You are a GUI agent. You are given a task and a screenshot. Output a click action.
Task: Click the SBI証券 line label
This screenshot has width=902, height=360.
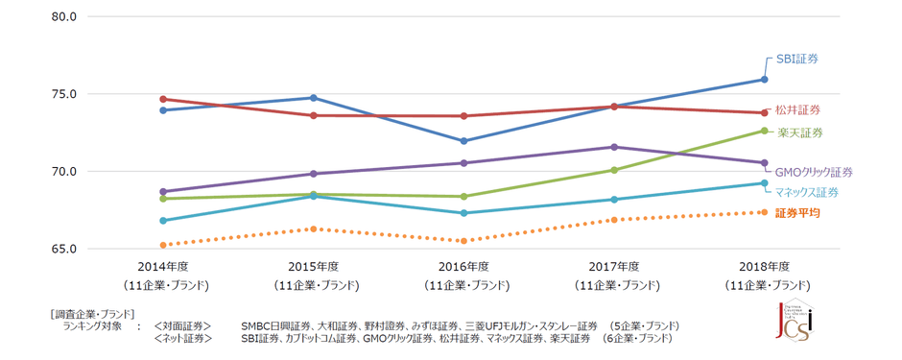[797, 60]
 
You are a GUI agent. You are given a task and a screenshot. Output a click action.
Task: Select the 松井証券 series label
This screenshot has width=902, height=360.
[797, 109]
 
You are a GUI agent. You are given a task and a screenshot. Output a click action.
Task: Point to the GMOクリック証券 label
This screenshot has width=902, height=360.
[813, 172]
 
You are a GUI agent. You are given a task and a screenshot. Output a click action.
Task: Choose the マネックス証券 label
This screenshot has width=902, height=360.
[807, 192]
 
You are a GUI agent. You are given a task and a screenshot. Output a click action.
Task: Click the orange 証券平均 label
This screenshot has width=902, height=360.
[797, 213]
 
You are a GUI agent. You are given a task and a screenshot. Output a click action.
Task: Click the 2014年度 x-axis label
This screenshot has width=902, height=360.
[164, 267]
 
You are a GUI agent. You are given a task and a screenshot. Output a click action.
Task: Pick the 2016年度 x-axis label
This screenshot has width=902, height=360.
[464, 267]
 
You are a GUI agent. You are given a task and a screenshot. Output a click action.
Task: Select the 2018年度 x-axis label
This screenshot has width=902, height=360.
[765, 267]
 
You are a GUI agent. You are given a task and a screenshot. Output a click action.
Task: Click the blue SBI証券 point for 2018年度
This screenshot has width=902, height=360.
[765, 80]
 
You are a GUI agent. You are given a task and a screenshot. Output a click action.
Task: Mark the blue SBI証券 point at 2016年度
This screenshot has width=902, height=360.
[464, 141]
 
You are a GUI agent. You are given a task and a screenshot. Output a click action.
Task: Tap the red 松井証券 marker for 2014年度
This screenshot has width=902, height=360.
[164, 99]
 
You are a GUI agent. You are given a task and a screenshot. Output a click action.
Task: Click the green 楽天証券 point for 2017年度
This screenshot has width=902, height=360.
[614, 170]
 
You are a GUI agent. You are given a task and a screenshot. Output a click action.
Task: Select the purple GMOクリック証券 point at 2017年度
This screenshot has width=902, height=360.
[614, 147]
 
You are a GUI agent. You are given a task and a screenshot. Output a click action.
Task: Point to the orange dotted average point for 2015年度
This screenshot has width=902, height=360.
[314, 228]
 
